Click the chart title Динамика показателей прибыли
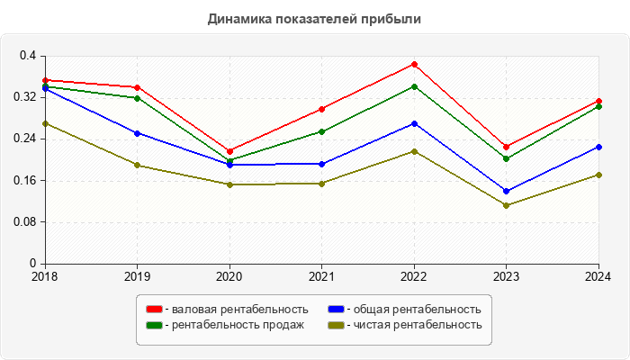point(314,19)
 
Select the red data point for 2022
point(414,64)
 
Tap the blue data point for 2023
point(507,191)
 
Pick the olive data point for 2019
point(137,165)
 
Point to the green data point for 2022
point(414,86)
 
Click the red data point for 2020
point(229,151)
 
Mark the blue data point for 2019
point(137,133)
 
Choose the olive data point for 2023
point(507,205)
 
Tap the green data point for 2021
point(321,131)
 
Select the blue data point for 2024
point(598,147)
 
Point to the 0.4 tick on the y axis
point(27,56)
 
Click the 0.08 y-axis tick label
point(23,221)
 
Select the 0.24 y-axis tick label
point(23,139)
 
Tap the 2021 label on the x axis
point(321,276)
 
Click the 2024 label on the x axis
point(598,276)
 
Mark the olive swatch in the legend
point(336,325)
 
